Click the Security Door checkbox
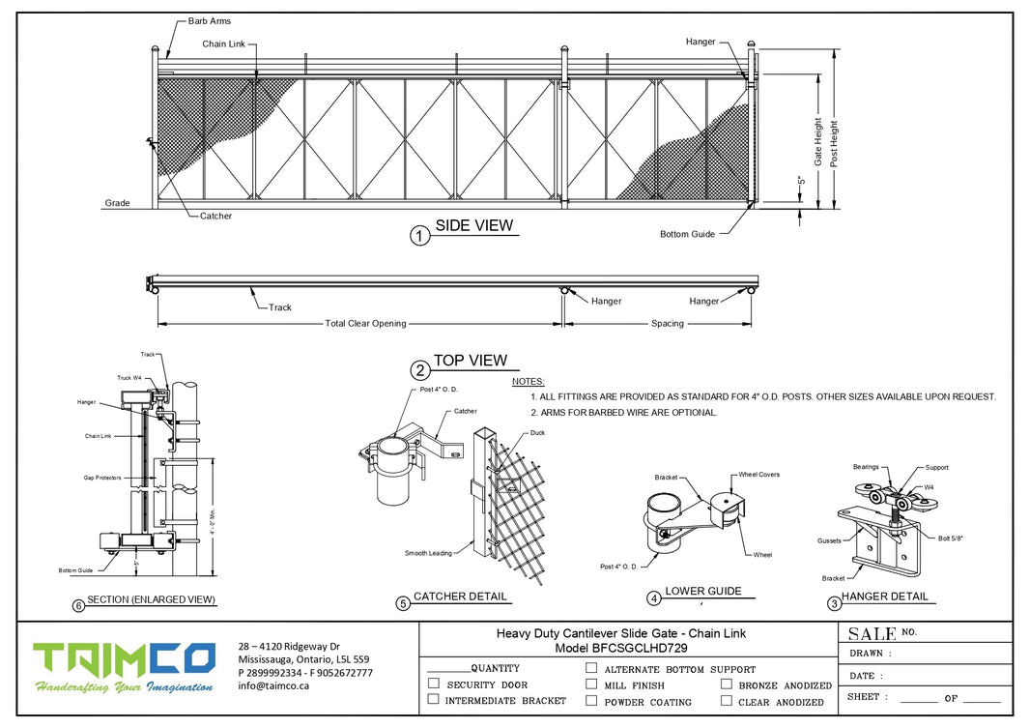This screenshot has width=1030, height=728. click(x=434, y=684)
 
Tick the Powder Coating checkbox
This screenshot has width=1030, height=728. click(x=591, y=700)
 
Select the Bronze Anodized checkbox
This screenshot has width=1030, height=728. click(x=726, y=684)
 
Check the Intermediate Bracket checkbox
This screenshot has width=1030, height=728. click(x=434, y=699)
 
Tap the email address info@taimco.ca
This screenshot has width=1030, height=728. click(x=273, y=685)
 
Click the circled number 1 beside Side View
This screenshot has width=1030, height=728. click(x=419, y=236)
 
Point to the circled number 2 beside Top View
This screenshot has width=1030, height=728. click(x=419, y=369)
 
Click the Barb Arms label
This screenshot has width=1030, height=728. click(x=210, y=21)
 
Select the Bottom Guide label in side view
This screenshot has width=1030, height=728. click(x=687, y=234)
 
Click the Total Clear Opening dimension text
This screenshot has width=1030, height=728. click(x=365, y=324)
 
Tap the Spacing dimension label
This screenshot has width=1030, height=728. click(x=667, y=324)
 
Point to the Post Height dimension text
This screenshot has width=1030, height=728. click(x=835, y=143)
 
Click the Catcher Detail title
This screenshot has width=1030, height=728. click(x=460, y=597)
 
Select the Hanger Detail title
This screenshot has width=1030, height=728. click(x=884, y=597)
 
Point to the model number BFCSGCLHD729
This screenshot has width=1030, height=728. click(x=628, y=649)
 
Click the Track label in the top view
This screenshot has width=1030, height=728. click(x=279, y=307)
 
